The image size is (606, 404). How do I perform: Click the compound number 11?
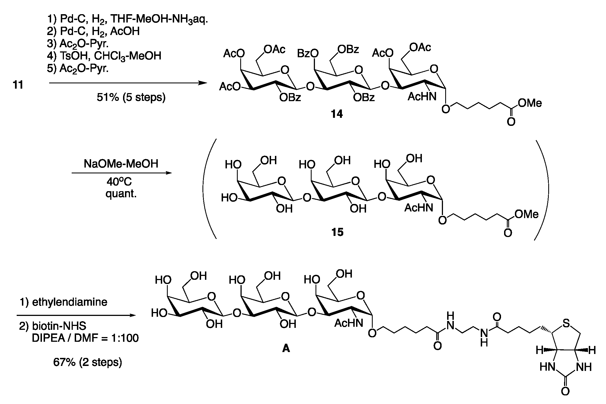click(18, 85)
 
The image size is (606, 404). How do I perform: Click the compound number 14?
click(337, 114)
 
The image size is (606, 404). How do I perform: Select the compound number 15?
click(337, 232)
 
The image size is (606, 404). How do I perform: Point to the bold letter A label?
click(286, 348)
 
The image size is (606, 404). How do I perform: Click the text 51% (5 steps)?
click(131, 98)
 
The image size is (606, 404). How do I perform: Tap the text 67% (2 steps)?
click(87, 362)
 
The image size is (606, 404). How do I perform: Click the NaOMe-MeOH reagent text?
click(121, 164)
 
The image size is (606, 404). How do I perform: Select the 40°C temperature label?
click(119, 182)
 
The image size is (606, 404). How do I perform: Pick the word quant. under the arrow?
click(121, 194)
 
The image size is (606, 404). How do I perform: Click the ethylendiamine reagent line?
click(63, 302)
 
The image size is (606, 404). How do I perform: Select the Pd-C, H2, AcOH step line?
click(93, 31)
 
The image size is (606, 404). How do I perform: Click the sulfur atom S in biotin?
click(566, 323)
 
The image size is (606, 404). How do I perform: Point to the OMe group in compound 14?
click(530, 103)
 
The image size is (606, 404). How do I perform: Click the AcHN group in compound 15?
click(418, 208)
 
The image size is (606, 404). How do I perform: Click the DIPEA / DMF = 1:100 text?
click(85, 338)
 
